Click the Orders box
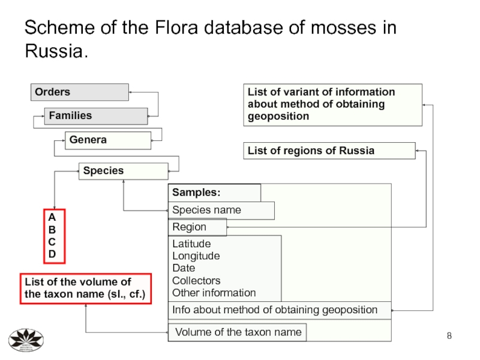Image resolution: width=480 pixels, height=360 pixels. [80, 92]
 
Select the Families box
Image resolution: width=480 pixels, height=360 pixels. [95, 115]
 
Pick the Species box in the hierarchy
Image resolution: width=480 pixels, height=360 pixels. [123, 171]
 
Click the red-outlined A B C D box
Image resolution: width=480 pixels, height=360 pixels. [53, 236]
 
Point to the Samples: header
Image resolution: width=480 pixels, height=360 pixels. [214, 193]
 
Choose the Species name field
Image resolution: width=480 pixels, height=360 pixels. [221, 210]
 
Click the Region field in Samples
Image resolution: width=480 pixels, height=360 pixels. [197, 227]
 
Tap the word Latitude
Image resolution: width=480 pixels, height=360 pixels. [191, 244]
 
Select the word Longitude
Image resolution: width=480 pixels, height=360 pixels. [196, 256]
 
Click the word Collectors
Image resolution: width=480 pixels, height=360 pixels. [196, 280]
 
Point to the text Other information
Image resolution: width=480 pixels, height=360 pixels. [214, 293]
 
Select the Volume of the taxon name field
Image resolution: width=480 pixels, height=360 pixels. [238, 332]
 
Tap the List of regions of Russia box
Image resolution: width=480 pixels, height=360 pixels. [329, 151]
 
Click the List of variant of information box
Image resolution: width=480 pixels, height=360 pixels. [332, 104]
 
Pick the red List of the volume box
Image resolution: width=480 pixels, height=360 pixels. [86, 289]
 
